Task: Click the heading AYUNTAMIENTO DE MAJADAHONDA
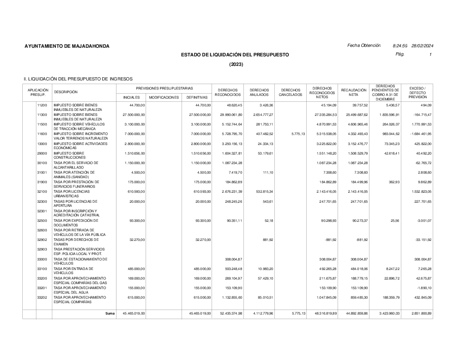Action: pos(67,46)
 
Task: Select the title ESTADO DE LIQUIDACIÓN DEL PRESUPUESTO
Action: pos(235,55)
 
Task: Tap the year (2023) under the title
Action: pos(236,65)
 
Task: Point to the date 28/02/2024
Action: pos(422,46)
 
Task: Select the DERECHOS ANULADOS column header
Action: pos(259,93)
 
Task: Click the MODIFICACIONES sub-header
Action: pos(164,97)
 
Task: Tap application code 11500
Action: pos(42,124)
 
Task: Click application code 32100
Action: pos(42,192)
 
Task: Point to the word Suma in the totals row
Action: pos(110,314)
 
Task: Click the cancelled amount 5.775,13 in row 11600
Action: pos(296,134)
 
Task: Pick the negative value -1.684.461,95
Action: pos(418,134)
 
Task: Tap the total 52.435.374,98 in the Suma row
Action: pos(228,314)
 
